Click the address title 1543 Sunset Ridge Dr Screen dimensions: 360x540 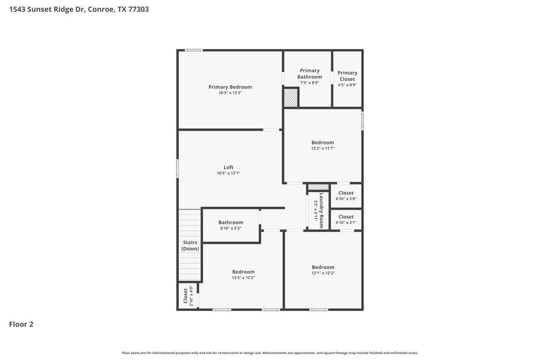[79, 9]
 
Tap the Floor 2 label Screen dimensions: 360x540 [21, 324]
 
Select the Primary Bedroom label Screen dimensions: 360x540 [230, 87]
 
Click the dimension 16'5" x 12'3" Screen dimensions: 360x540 [230, 93]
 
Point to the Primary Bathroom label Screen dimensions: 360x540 [309, 73]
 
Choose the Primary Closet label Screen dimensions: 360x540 [347, 76]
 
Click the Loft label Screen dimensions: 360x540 [228, 167]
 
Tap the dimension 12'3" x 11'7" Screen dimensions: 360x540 [322, 148]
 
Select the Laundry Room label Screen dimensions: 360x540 [321, 210]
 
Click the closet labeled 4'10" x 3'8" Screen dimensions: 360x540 [346, 195]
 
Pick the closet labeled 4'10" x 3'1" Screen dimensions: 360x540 [346, 219]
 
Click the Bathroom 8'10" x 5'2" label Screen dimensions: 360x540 [231, 225]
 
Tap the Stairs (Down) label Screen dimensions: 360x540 [190, 246]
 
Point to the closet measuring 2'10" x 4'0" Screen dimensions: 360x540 [187, 296]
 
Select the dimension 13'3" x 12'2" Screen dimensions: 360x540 [243, 278]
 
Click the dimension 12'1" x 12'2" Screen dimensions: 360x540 [323, 273]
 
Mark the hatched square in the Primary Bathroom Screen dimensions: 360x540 [291, 98]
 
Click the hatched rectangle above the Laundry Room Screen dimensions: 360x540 [319, 187]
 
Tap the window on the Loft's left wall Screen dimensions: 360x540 [178, 168]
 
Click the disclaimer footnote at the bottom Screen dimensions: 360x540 [269, 353]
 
